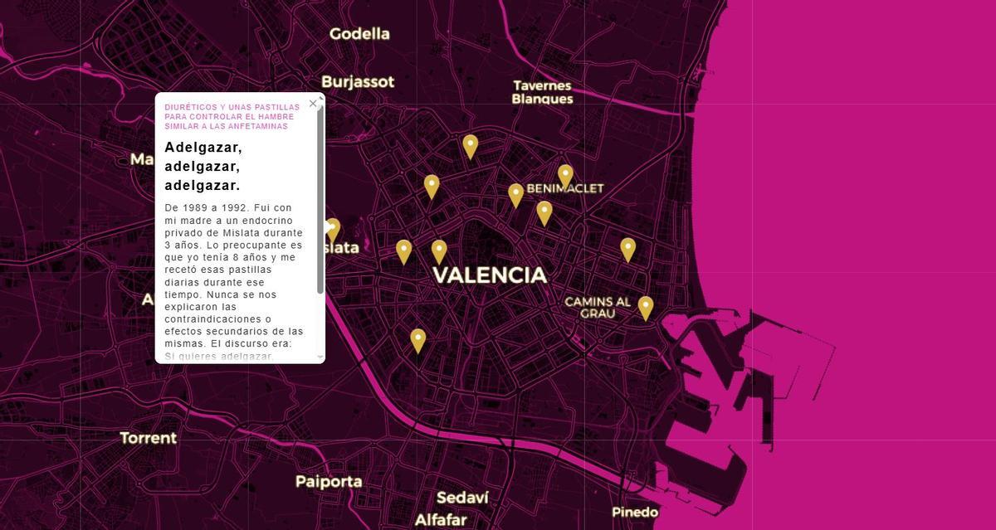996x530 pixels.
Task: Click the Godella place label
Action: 359,34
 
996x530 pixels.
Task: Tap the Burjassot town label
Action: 358,82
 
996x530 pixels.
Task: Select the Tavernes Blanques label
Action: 542,92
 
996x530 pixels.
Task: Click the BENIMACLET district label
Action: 565,188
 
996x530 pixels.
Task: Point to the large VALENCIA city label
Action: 490,275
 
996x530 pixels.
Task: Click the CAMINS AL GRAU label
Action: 598,307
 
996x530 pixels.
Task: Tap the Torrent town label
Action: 149,438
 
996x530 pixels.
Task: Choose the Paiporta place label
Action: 329,481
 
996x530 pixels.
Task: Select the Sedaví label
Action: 462,498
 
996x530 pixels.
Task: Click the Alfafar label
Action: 441,520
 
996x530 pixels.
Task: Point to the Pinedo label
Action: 635,512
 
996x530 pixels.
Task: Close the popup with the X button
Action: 313,104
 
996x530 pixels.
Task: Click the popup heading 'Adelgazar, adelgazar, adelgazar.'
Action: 203,166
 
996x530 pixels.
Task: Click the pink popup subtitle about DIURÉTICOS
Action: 232,117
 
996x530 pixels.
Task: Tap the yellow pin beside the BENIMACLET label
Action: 565,176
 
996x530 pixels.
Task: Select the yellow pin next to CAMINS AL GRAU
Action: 646,308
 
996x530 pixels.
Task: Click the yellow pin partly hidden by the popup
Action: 333,229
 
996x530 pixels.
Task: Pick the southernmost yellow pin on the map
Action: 418,340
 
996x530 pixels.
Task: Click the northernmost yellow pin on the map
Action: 471,146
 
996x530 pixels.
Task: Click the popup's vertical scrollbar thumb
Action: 320,199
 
